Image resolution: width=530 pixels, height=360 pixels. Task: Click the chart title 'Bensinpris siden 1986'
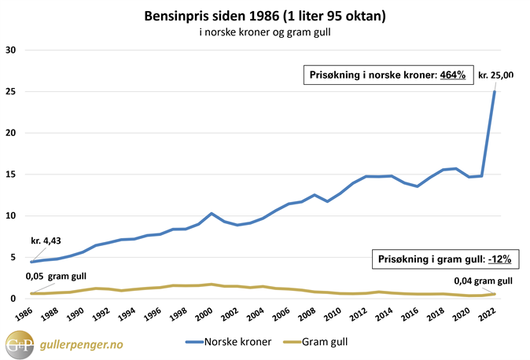tap(265, 15)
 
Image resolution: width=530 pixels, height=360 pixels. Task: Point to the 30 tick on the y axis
tap(11, 50)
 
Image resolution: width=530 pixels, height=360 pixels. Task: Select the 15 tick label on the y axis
tap(11, 174)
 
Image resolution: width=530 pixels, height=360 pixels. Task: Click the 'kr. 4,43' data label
tap(46, 229)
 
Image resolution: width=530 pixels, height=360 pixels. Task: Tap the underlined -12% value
tap(499, 258)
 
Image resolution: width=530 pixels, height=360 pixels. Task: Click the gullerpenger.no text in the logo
tap(86, 344)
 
